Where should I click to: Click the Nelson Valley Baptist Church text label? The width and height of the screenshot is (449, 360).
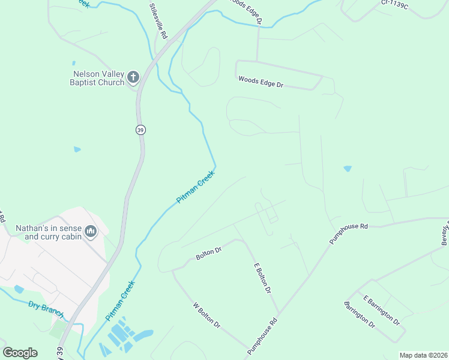[x=98, y=78]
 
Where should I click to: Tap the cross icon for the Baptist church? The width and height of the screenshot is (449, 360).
[x=133, y=77]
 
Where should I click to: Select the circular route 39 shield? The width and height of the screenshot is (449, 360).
[x=140, y=130]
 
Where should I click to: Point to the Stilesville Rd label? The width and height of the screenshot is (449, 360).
[x=158, y=20]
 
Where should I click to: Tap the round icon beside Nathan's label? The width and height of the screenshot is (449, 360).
[x=91, y=230]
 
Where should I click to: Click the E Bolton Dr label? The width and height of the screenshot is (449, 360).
[x=262, y=278]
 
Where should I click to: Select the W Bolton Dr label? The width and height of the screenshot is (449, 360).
[x=206, y=316]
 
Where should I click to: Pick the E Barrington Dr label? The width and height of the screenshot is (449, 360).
[x=381, y=310]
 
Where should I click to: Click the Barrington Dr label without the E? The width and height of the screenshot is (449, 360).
[x=360, y=315]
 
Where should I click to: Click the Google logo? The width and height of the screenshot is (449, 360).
[x=20, y=352]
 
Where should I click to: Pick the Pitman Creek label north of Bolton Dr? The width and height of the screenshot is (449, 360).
[x=195, y=187]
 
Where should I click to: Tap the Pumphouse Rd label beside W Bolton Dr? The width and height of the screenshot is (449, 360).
[x=264, y=331]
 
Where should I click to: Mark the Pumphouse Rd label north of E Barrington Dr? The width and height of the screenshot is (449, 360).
[x=348, y=234]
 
